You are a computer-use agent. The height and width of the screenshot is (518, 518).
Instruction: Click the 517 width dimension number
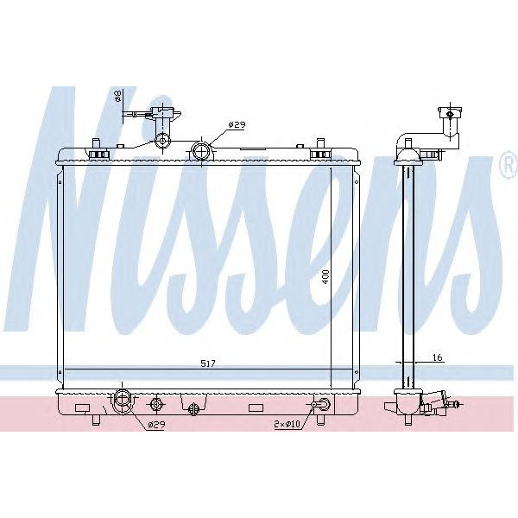(x=207, y=364)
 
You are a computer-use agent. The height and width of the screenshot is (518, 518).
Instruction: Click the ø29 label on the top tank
(x=237, y=125)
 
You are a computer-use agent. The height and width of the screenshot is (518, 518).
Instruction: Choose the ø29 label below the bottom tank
(x=155, y=425)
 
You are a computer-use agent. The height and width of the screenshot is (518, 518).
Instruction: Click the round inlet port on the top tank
(x=201, y=152)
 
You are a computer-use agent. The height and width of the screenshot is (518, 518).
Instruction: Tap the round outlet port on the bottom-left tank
(x=122, y=400)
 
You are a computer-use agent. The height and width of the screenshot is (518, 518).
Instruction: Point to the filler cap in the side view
(x=449, y=112)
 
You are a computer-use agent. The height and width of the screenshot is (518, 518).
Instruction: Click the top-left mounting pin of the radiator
(x=95, y=142)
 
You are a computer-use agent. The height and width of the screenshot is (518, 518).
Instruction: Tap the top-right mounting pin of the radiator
(x=320, y=142)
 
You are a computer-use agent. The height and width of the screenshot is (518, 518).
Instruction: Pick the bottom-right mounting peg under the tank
(x=320, y=420)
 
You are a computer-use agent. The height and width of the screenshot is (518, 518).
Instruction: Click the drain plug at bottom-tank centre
(x=194, y=406)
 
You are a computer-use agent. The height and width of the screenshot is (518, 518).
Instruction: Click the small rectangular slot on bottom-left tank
(x=83, y=407)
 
